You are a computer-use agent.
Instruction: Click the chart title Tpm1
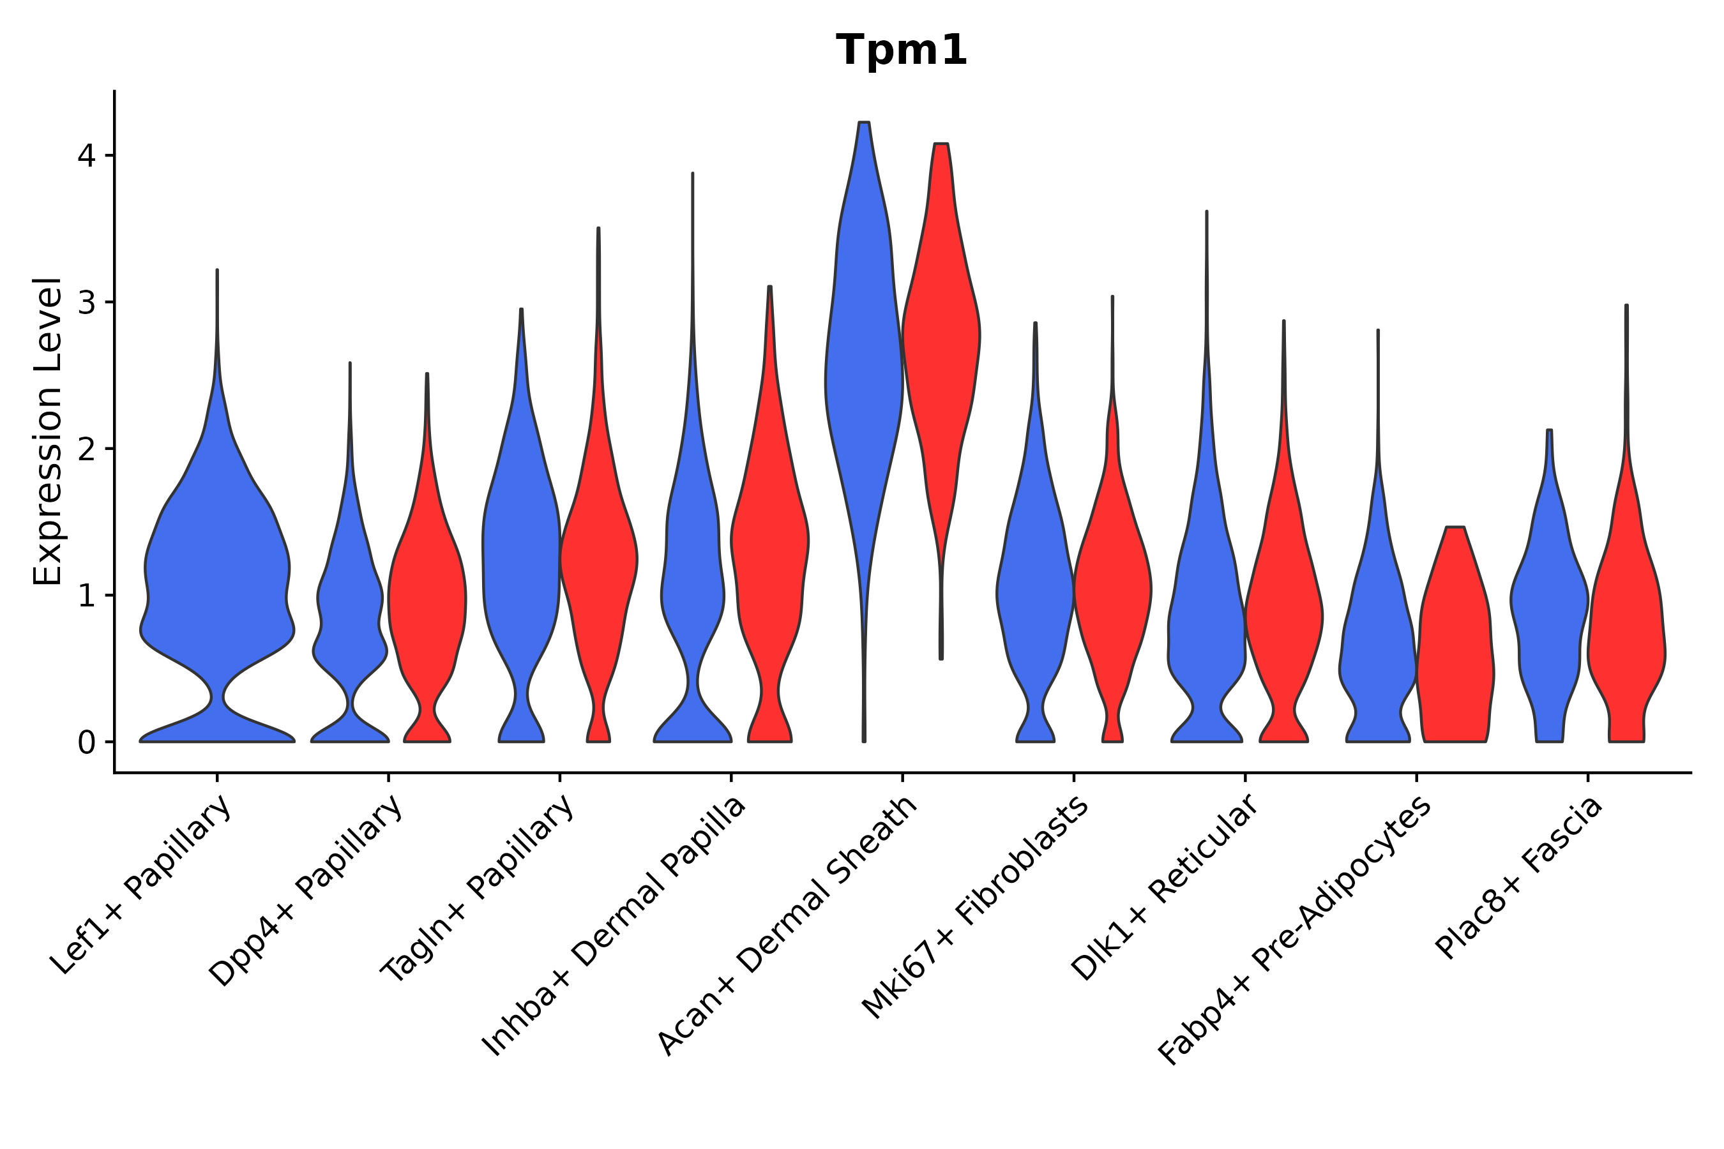click(x=902, y=50)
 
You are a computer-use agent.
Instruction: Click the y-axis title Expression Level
click(x=48, y=432)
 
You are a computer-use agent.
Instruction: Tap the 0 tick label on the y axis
click(x=86, y=743)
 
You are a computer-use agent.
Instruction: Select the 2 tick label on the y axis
click(x=86, y=449)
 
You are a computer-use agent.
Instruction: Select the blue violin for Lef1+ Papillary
click(x=217, y=571)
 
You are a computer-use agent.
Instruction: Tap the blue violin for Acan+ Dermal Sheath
click(x=864, y=366)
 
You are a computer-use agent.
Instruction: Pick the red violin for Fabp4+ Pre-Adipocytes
click(x=1455, y=645)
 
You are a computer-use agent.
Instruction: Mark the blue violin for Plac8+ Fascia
click(x=1550, y=608)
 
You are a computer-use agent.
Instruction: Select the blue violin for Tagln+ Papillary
click(x=521, y=557)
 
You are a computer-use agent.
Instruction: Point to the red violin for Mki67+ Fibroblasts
click(x=1112, y=586)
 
